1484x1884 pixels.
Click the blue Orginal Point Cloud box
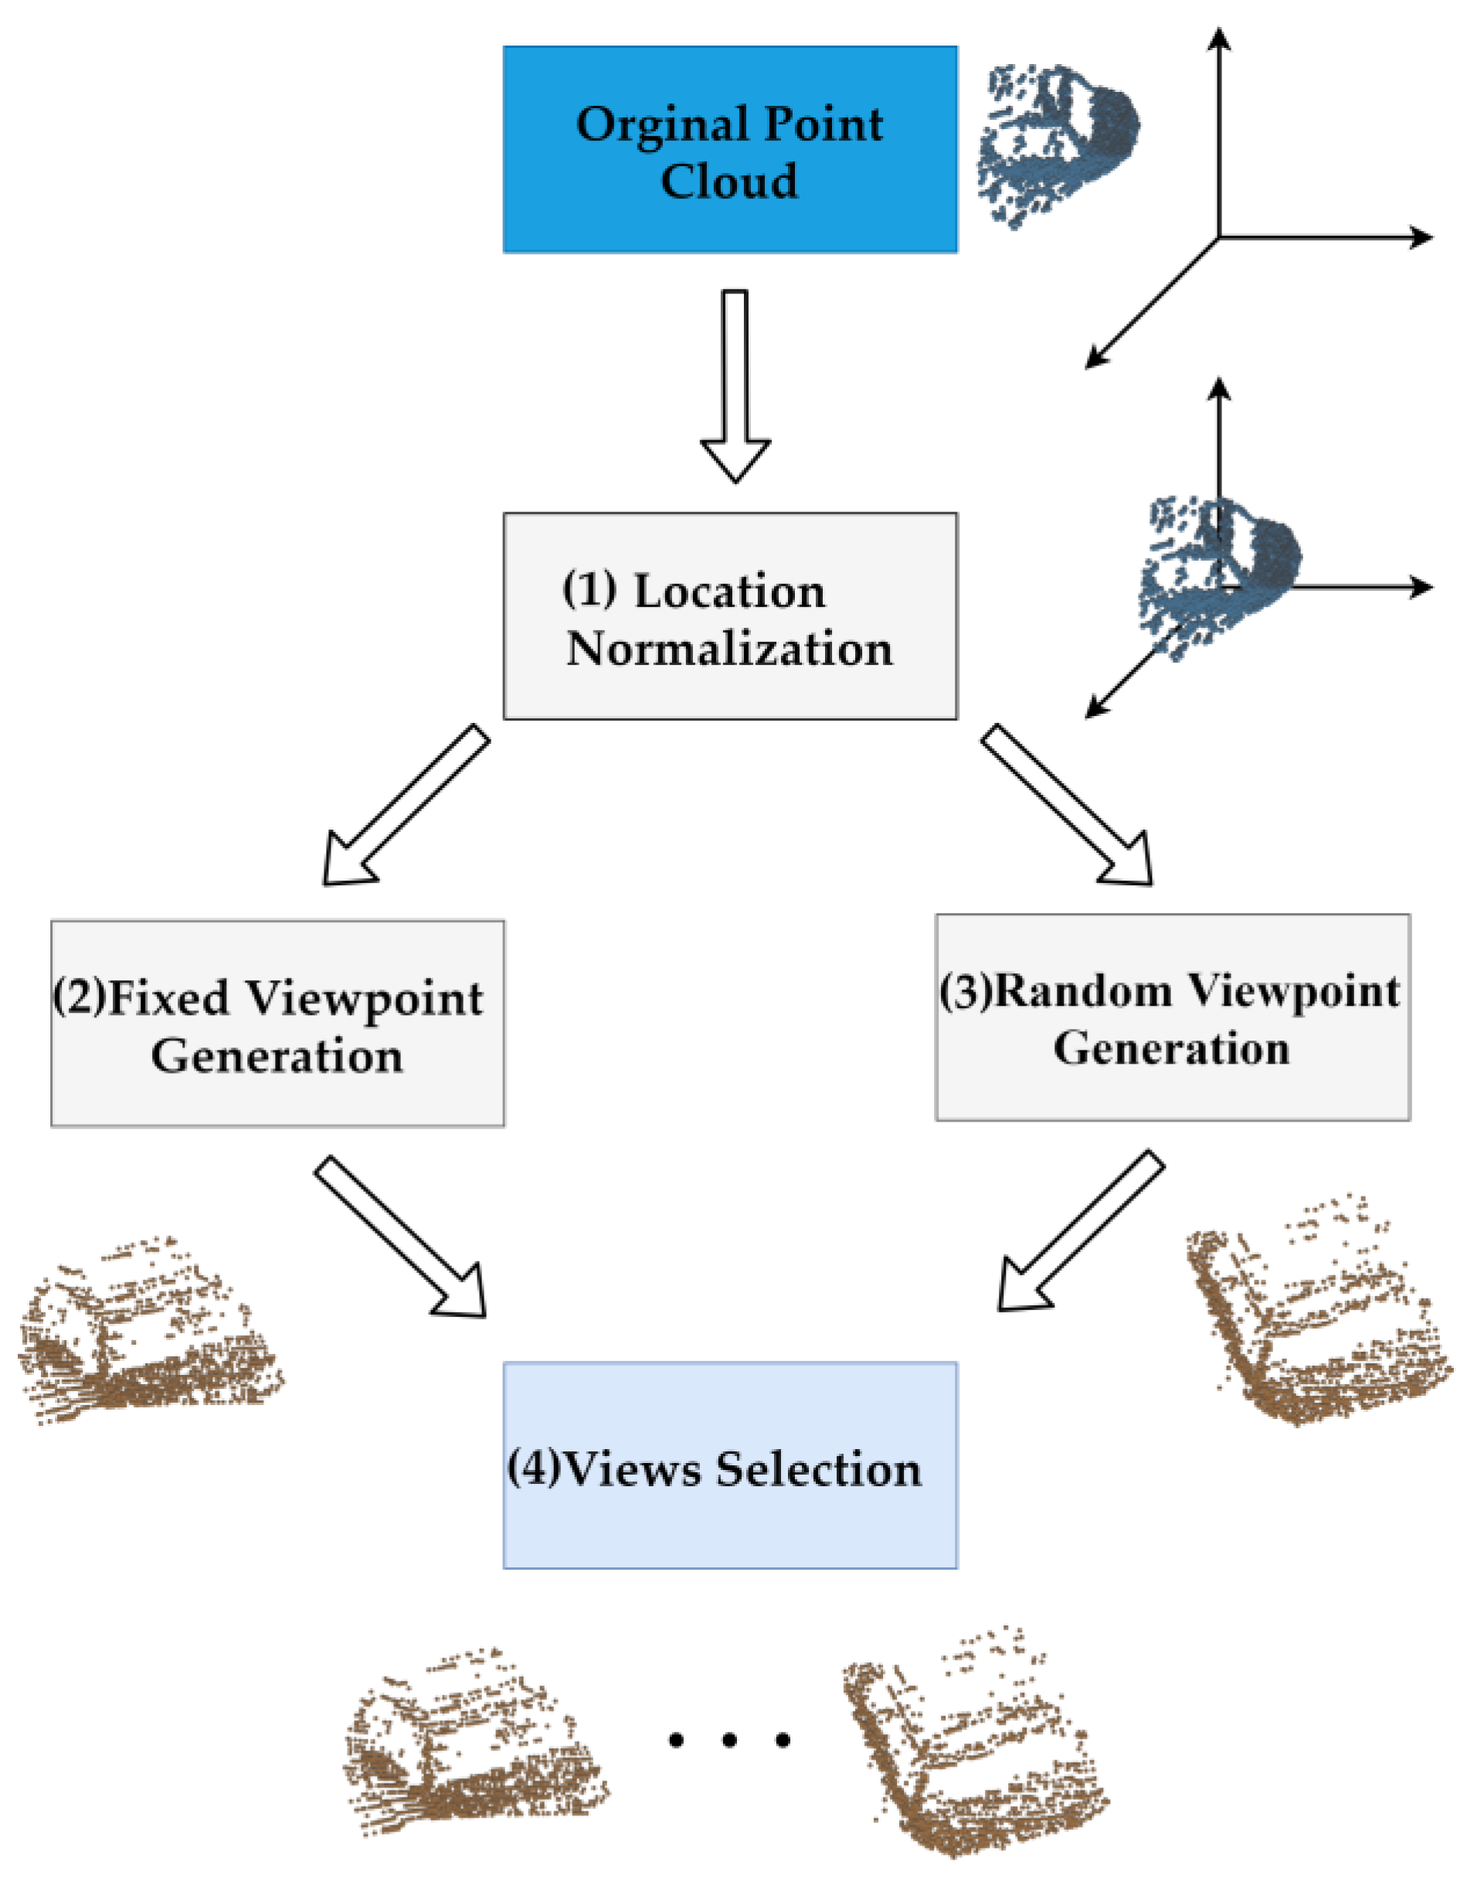coord(730,149)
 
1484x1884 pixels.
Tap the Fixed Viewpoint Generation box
coord(277,1024)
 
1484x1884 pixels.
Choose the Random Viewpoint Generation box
coord(1172,1017)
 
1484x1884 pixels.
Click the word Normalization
coord(730,649)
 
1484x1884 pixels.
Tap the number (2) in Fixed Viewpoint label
coord(80,996)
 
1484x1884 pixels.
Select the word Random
coord(1082,990)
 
